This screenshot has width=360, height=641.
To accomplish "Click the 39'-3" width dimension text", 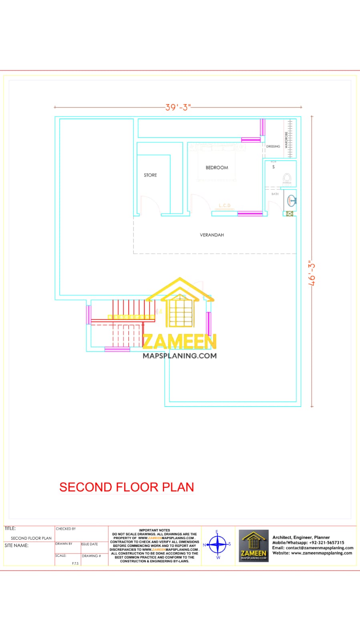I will pos(178,107).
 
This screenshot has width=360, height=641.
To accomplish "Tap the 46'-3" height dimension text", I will pos(312,274).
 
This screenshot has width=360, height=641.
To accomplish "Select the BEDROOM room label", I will pos(217,167).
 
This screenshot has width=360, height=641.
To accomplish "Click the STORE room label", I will pos(150,175).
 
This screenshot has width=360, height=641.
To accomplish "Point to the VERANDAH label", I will pos(212,235).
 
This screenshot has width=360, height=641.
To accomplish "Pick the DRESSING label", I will pos(273,147).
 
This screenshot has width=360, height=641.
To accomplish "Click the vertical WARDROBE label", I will pos(286,140).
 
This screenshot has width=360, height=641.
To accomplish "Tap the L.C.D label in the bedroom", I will pos(224,206).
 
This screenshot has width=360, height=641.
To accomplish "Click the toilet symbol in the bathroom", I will pos(287,178).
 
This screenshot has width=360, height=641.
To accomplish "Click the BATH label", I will pos(275,194).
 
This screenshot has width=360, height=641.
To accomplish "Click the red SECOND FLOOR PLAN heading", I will pos(127,487).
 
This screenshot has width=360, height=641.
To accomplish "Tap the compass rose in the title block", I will pos(218,544).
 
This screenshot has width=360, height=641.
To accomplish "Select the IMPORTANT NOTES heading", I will pos(155,530).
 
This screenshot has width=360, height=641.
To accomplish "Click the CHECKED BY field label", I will pos(66,529).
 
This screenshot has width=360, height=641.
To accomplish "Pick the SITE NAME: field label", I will pos(16,545).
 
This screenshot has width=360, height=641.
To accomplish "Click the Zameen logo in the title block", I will pos(253,545).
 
